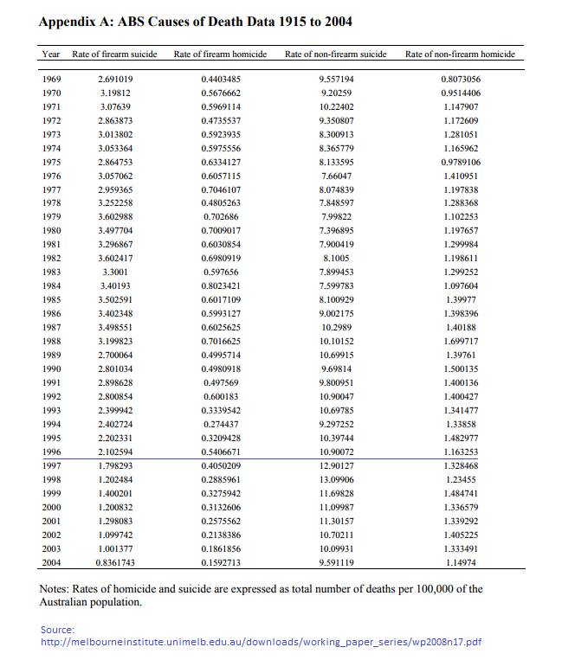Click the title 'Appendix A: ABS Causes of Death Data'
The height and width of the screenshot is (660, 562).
tap(195, 21)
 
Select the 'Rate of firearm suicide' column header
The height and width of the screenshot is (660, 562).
tap(114, 54)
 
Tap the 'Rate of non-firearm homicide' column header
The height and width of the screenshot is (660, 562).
tap(460, 54)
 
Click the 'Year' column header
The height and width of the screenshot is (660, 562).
tap(51, 54)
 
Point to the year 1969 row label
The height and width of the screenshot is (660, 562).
tap(51, 79)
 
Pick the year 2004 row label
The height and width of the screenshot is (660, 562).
tap(51, 563)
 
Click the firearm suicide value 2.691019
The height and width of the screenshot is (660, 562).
tap(115, 79)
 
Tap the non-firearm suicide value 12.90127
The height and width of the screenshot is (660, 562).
tap(336, 466)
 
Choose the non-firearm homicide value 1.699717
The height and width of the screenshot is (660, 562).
tap(460, 342)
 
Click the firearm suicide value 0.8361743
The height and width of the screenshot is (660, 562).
tap(115, 563)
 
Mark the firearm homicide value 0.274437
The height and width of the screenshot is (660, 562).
tap(221, 425)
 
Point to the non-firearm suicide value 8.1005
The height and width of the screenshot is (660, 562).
tap(336, 259)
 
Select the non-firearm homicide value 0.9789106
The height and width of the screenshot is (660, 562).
tap(460, 162)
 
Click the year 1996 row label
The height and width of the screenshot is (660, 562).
tap(51, 452)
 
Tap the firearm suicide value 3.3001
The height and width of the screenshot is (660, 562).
tap(115, 272)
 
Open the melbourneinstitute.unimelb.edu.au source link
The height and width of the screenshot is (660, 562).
tap(262, 643)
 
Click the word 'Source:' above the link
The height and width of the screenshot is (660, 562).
tap(57, 629)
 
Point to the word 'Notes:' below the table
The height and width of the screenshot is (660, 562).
tap(57, 589)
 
